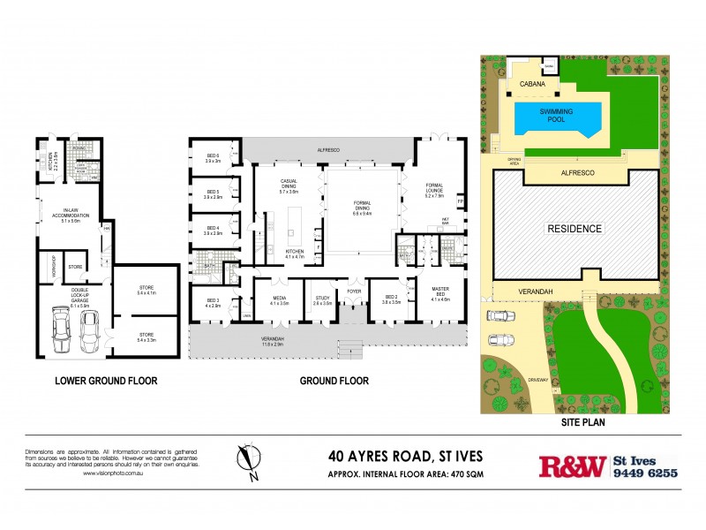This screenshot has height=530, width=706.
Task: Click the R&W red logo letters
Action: [572, 466]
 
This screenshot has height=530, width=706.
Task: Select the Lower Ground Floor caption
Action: [106, 381]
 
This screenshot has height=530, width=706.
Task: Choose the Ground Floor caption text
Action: [334, 381]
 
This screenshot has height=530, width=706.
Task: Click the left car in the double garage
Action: [62, 329]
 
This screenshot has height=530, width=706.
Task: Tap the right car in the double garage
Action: [89, 328]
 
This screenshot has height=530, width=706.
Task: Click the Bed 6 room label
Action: [213, 156]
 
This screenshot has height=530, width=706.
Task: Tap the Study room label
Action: [323, 299]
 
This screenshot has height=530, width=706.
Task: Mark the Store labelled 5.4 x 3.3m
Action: [147, 336]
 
